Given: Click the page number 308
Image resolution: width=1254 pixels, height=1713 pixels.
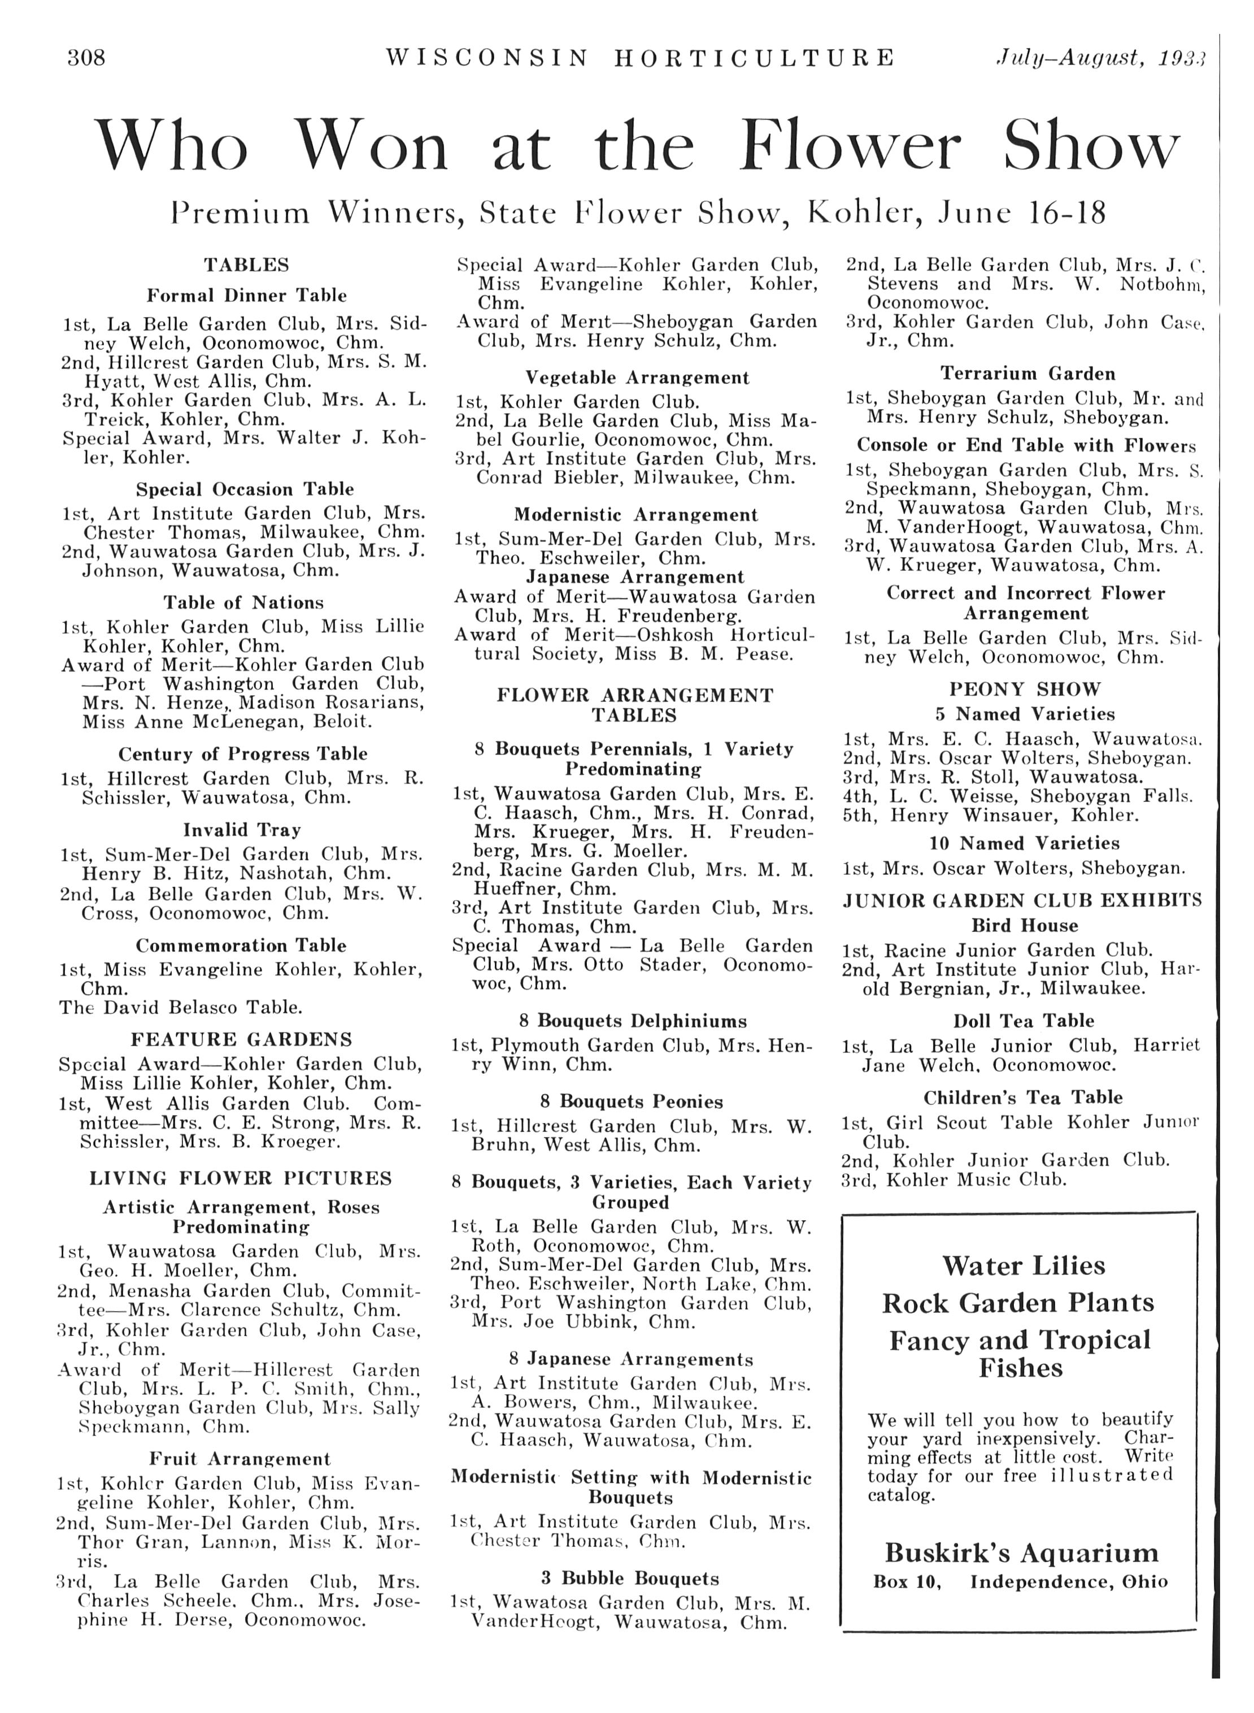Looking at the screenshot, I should [x=86, y=58].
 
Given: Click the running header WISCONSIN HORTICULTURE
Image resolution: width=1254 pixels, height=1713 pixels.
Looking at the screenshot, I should [x=640, y=58].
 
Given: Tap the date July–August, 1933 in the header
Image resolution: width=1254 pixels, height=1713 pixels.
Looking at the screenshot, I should [x=1101, y=58].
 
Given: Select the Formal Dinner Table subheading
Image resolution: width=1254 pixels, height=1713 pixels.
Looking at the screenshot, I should [x=247, y=296].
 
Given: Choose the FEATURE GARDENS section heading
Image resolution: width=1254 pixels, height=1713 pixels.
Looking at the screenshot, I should [x=241, y=1039].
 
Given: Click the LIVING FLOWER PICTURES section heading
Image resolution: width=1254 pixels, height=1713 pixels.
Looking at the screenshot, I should [x=241, y=1178].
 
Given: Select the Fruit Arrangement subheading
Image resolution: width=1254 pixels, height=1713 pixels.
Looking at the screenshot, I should [x=240, y=1459].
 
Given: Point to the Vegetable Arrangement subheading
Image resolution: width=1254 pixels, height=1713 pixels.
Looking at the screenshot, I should [x=637, y=378].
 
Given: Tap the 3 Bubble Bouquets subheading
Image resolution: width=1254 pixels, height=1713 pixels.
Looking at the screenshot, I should [x=629, y=1578].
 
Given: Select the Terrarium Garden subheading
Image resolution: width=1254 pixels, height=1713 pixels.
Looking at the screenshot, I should [x=1028, y=374].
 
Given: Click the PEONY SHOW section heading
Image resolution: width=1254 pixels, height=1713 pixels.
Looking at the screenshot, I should [x=1025, y=689].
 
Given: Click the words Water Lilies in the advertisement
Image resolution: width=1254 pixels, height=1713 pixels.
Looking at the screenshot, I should [x=1023, y=1266].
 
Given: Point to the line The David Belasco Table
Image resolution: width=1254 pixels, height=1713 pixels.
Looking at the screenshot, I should [x=181, y=1008].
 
